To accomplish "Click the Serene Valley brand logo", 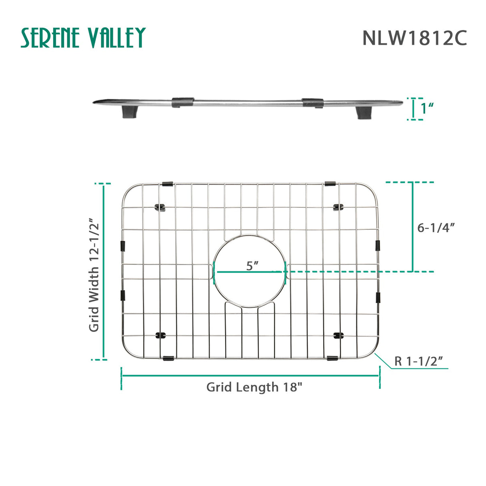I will [83, 38].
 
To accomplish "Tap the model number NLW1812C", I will [414, 38].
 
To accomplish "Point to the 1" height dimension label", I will [427, 108].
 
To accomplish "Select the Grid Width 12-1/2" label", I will [94, 275].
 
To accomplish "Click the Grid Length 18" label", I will [254, 387].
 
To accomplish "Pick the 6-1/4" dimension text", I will [436, 228].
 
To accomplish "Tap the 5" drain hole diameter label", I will [252, 265].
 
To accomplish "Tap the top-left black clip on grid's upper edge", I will [167, 184].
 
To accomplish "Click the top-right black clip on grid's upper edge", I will [330, 183].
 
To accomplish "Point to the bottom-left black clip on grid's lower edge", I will [168, 358].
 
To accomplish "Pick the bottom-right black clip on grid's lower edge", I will [332, 357].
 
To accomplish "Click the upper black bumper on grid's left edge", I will [123, 246].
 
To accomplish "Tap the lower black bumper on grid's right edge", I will [378, 297].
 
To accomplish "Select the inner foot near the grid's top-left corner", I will [161, 207].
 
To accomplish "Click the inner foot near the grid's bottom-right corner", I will [338, 335].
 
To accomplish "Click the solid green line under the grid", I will [250, 376].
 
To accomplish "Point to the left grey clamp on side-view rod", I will [183, 102].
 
